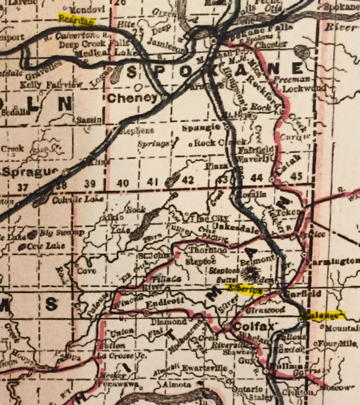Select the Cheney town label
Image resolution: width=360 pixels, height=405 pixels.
(x=132, y=98)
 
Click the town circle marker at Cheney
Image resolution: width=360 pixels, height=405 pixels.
(x=165, y=97)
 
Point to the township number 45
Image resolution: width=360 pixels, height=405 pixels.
(x=297, y=177)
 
